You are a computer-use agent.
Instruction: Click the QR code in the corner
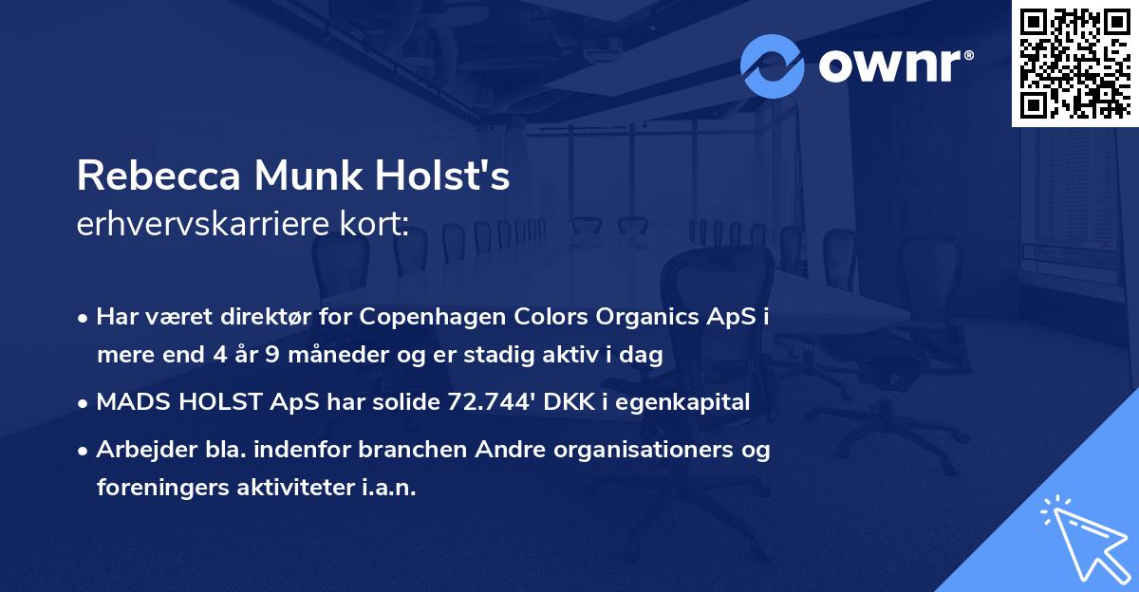click(x=1074, y=64)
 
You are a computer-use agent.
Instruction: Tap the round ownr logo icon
click(x=773, y=65)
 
